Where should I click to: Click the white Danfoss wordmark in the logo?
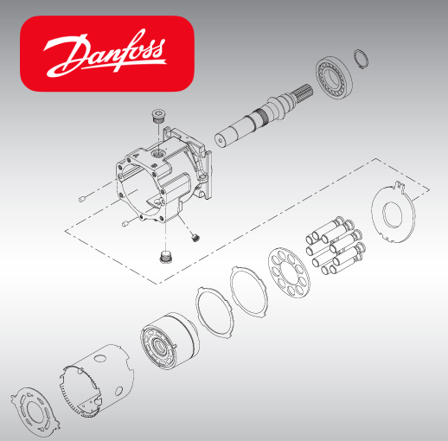tap(106, 54)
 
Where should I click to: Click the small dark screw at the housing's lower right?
tap(195, 236)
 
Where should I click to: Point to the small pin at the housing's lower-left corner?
tap(126, 224)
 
